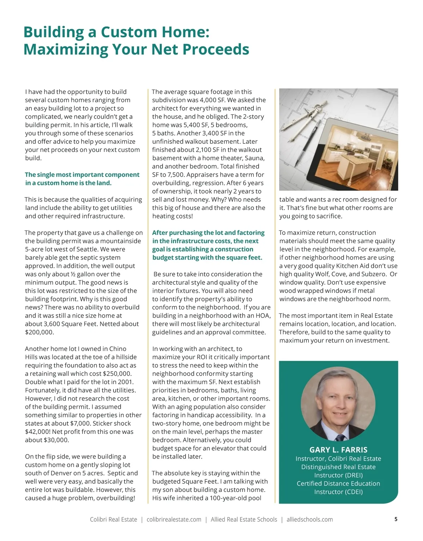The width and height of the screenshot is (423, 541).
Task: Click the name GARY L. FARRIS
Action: tap(338, 450)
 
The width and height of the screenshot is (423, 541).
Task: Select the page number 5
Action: tap(396, 519)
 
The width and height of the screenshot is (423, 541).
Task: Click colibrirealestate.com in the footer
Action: tap(174, 520)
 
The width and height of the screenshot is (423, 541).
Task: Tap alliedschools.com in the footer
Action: tap(309, 520)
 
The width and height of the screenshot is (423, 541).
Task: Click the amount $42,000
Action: tap(38, 432)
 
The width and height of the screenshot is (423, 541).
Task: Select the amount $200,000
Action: tap(39, 332)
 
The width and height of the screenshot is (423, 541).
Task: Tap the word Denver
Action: tap(56, 473)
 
